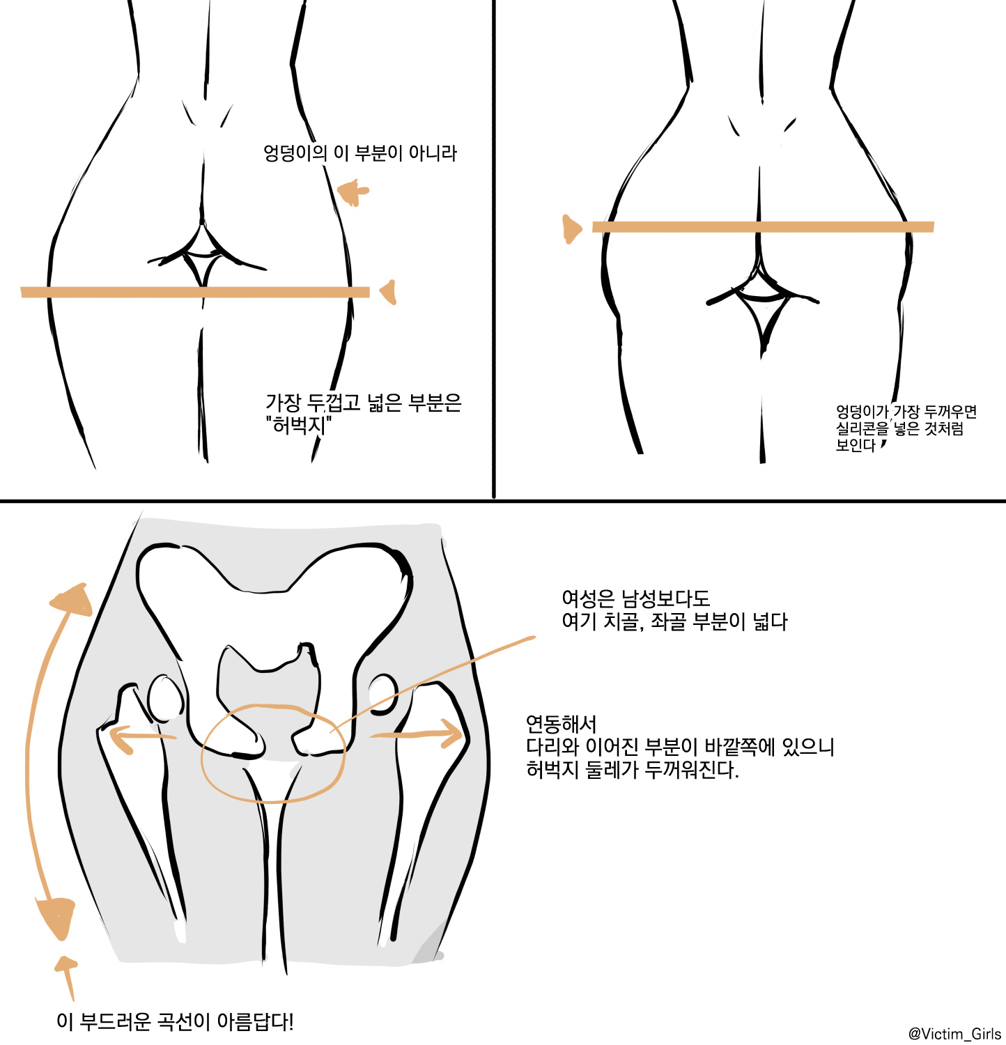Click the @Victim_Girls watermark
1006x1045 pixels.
click(954, 1034)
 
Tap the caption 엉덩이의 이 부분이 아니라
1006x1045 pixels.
click(360, 153)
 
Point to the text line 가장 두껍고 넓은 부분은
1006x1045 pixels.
click(364, 403)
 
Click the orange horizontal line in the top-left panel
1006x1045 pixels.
click(195, 292)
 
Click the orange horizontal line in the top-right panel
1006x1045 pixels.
click(763, 226)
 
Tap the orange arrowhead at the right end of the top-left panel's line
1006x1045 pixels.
click(389, 292)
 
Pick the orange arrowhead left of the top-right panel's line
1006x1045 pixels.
click(571, 229)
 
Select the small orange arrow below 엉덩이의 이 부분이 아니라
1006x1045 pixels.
click(353, 192)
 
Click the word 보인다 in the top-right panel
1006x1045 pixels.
click(856, 445)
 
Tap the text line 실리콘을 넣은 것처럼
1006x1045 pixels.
click(900, 428)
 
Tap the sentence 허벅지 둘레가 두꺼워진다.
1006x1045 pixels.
click(633, 770)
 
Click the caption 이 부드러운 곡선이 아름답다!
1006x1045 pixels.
click(176, 1022)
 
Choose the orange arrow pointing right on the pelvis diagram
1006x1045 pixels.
click(417, 733)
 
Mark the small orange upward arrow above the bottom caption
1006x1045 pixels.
click(67, 977)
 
